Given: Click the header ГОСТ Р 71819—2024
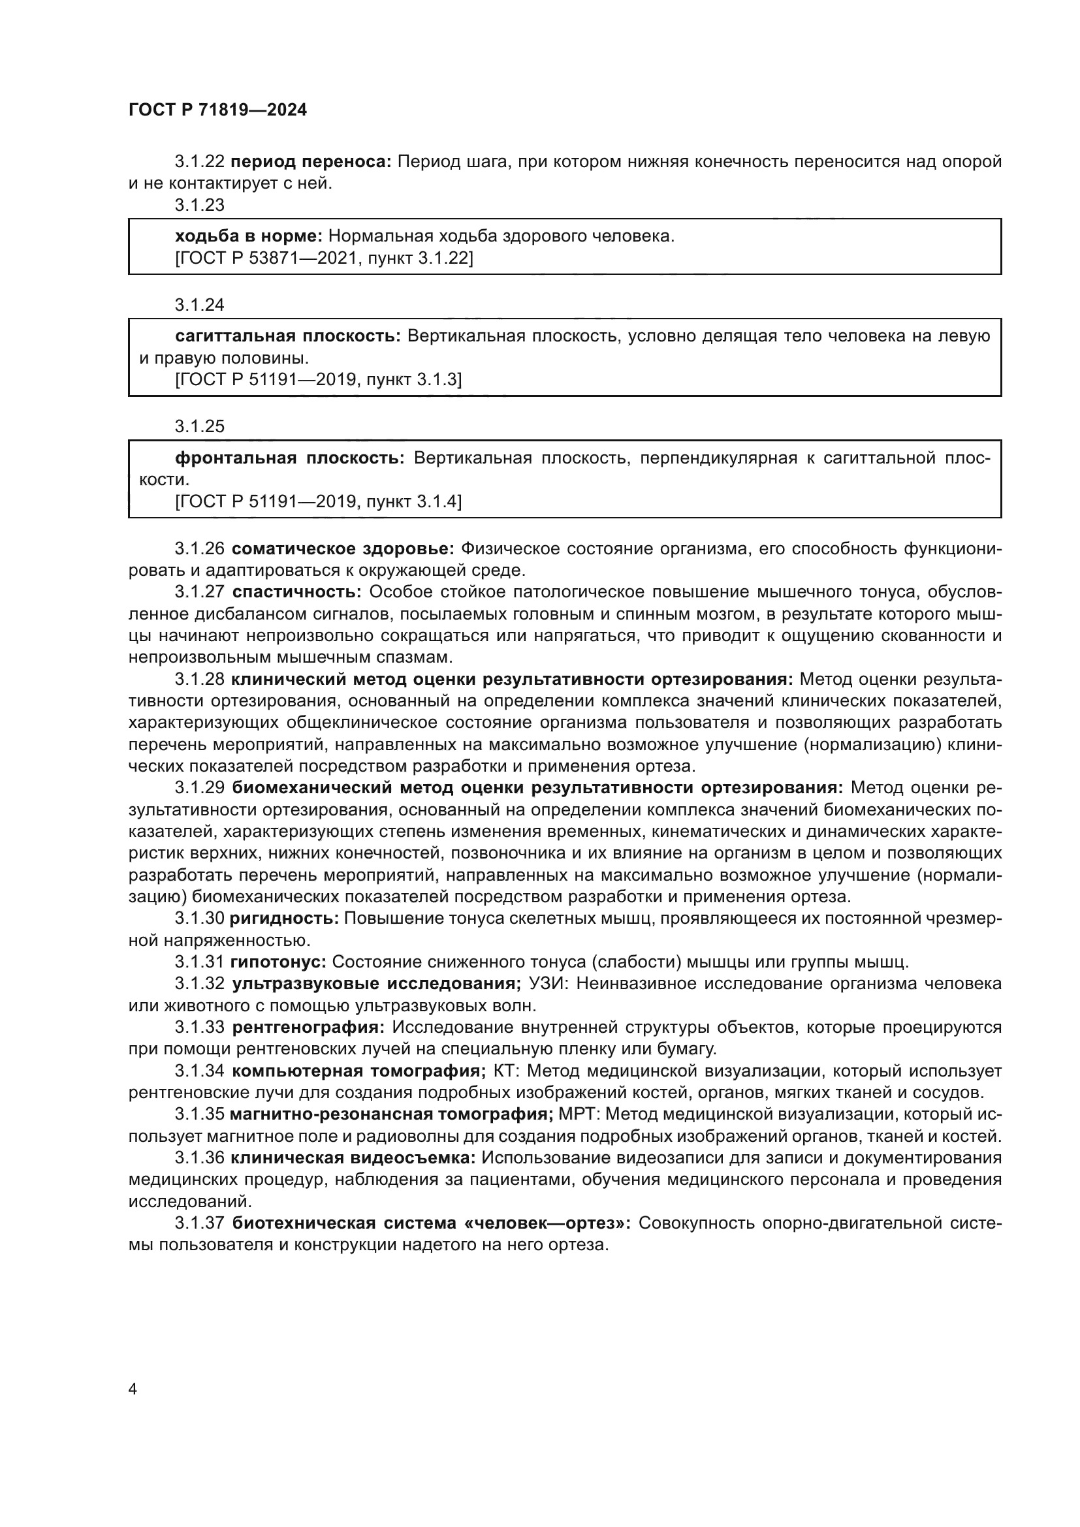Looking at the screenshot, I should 217,110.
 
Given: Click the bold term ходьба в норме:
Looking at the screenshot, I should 249,236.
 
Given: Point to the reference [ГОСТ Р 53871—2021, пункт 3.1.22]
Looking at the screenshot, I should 324,258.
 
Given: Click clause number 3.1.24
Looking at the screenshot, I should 200,306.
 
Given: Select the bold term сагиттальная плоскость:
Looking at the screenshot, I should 287,336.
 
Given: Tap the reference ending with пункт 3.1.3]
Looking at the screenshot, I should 318,380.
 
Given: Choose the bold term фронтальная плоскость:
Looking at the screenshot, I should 289,458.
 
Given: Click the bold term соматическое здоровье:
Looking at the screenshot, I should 343,548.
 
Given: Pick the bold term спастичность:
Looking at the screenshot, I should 296,592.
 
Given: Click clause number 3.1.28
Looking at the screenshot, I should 200,679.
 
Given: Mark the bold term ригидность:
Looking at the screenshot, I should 284,919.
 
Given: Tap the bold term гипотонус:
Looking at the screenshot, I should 278,962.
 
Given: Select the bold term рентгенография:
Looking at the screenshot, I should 308,1027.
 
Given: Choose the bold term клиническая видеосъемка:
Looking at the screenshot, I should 353,1157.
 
